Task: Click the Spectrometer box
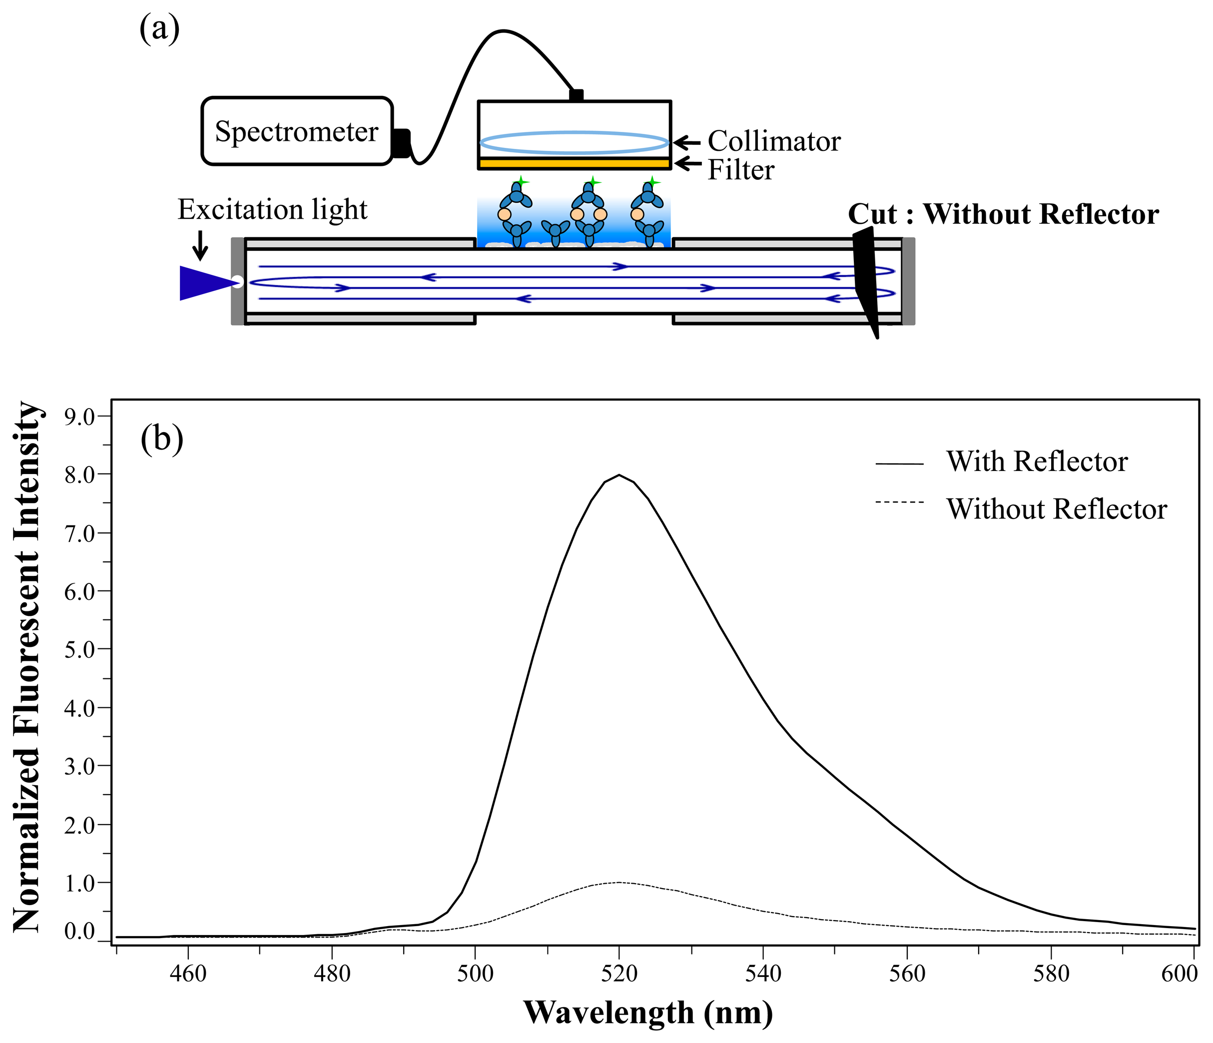[297, 131]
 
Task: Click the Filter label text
[740, 170]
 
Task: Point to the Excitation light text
[272, 209]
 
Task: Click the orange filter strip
[574, 163]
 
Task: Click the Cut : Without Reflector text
[1003, 214]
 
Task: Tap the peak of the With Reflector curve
[619, 475]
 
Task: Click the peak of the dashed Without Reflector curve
[619, 882]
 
